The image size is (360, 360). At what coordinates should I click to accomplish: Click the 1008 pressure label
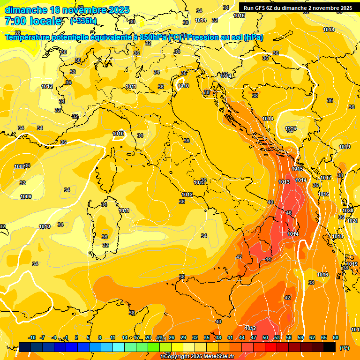pyautogui.click(x=19, y=166)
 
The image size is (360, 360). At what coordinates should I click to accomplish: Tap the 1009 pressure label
pyautogui.click(x=26, y=196)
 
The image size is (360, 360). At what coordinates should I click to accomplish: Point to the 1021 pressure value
pyautogui.click(x=352, y=220)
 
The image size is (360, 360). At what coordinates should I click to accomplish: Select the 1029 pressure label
pyautogui.click(x=348, y=210)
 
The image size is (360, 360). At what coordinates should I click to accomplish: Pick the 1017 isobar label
pyautogui.click(x=326, y=178)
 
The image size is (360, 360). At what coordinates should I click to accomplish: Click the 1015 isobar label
pyautogui.click(x=297, y=169)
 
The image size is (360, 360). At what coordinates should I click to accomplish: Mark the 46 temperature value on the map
pyautogui.click(x=289, y=213)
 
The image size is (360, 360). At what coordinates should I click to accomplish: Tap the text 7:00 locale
pyautogui.click(x=33, y=21)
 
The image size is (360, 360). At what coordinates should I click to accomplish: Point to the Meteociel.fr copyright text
pyautogui.click(x=197, y=357)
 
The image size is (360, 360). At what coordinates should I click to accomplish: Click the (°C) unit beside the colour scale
pyautogui.click(x=344, y=348)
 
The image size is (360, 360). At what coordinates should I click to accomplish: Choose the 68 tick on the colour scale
pyautogui.click(x=336, y=337)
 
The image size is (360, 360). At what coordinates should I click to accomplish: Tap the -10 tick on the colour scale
pyautogui.click(x=32, y=337)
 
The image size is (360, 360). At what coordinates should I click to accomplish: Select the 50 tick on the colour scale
pyautogui.click(x=265, y=337)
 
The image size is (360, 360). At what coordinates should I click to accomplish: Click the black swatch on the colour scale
pyautogui.click(x=330, y=347)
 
